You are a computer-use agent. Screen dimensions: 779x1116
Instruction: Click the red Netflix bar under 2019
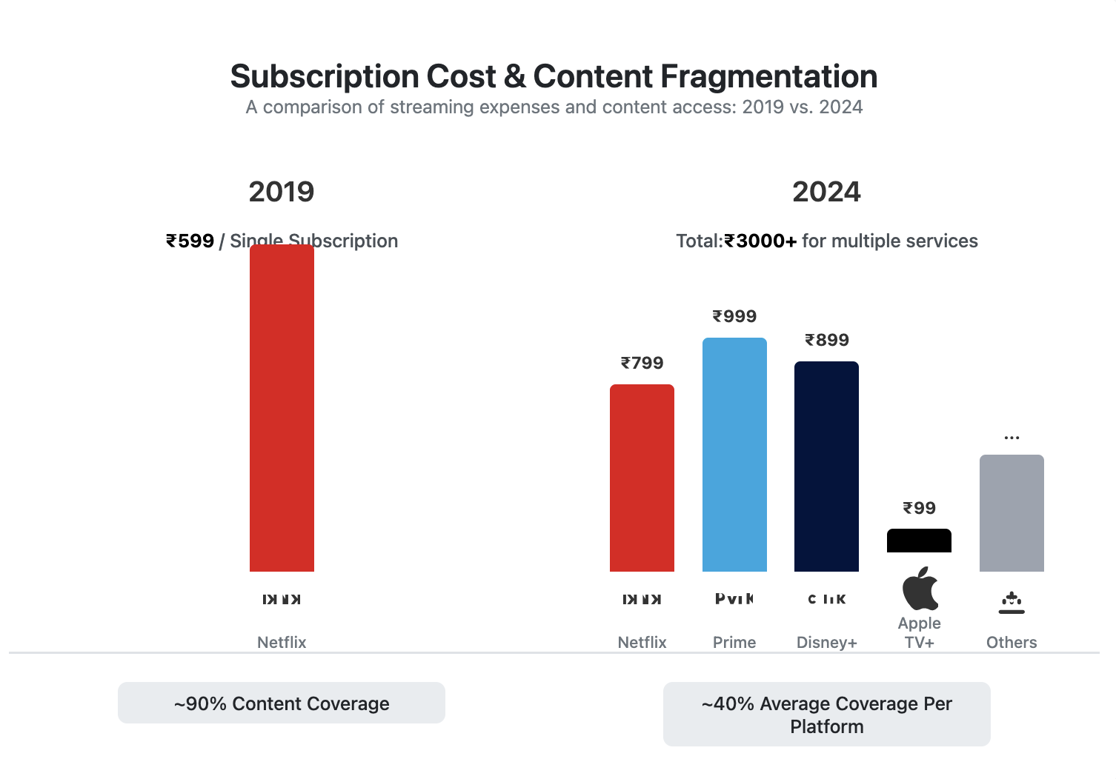coord(282,408)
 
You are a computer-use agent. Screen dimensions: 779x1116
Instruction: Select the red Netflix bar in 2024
coord(642,478)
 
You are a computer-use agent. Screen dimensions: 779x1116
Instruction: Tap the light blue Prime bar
coord(734,455)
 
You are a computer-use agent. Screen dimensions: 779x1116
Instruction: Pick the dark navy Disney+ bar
coord(826,467)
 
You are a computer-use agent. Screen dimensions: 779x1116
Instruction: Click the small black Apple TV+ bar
coord(919,541)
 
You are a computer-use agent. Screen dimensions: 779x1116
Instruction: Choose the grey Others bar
coord(1012,513)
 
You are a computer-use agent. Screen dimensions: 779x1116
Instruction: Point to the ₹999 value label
coord(734,317)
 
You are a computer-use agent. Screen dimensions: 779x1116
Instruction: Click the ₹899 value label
coord(827,341)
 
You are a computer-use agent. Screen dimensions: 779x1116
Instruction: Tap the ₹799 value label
coord(642,364)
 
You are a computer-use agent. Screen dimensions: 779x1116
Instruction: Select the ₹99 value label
coord(919,509)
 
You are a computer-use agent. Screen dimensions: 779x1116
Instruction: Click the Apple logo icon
coord(920,589)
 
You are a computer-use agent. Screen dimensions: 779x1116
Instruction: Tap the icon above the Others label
coord(1012,603)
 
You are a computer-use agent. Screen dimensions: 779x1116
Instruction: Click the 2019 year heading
coord(282,192)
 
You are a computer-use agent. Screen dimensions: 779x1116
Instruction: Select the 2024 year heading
coord(826,192)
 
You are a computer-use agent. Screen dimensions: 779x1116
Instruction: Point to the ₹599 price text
coord(190,241)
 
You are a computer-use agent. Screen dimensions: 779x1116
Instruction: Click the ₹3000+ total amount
coord(760,241)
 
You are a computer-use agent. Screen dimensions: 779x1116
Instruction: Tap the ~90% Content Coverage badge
coord(282,703)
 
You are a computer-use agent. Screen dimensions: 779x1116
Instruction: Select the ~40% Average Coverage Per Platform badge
coord(826,715)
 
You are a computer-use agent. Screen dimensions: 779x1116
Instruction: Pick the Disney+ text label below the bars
coord(826,643)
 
